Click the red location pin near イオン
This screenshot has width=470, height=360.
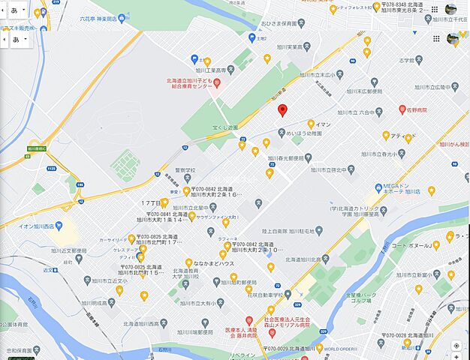pyautogui.click(x=282, y=111)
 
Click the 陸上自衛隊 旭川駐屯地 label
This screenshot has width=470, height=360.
pyautogui.click(x=292, y=232)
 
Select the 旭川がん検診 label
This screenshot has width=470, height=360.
pyautogui.click(x=453, y=144)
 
